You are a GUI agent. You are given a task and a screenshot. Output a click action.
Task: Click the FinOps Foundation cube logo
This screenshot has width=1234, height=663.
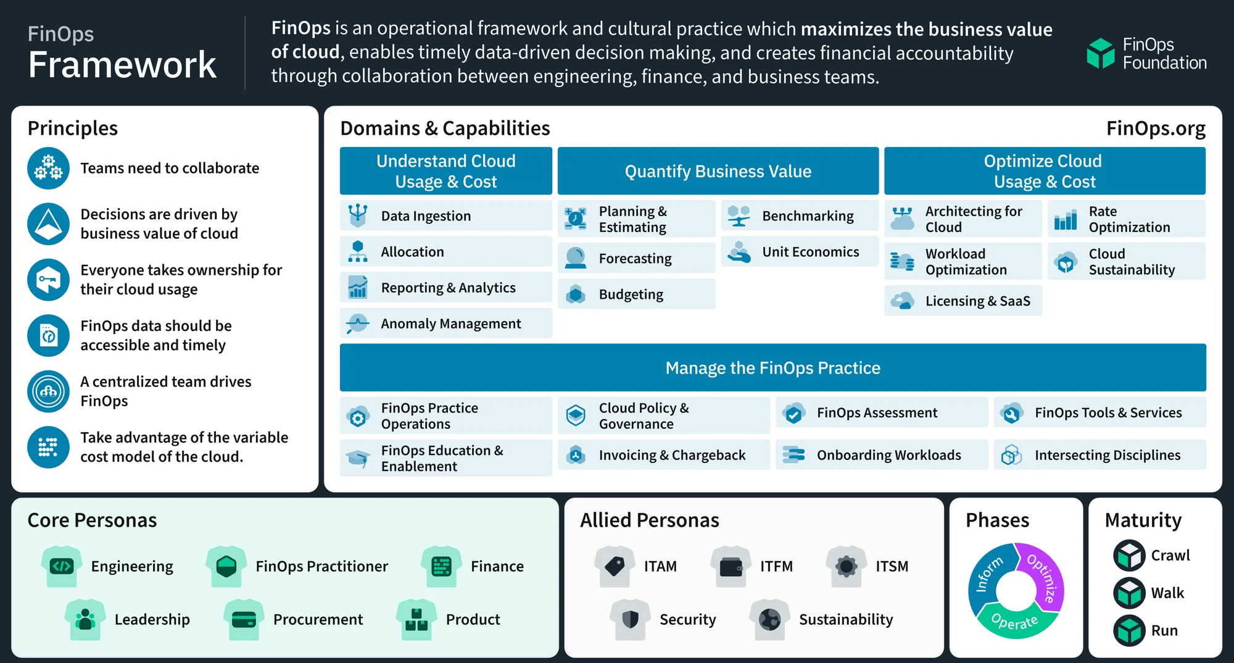pyautogui.click(x=1100, y=53)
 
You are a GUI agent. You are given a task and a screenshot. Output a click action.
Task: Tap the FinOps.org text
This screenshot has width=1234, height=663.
pyautogui.click(x=1156, y=128)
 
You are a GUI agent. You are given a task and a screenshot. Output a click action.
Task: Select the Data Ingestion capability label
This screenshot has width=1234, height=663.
pyautogui.click(x=426, y=216)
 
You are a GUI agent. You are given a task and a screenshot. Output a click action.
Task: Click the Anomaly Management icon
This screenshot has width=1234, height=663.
pyautogui.click(x=358, y=323)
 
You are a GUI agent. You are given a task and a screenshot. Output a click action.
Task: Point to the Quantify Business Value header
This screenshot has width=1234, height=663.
pyautogui.click(x=718, y=172)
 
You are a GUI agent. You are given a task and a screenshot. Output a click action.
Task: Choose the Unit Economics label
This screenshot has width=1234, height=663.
pyautogui.click(x=811, y=252)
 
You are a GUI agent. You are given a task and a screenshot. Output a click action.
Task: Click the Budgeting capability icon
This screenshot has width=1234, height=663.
pyautogui.click(x=576, y=294)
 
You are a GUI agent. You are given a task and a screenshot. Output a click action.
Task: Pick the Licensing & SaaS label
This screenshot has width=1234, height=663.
pyautogui.click(x=978, y=301)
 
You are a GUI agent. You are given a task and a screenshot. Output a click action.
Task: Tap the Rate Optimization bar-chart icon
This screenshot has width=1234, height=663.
pyautogui.click(x=1066, y=219)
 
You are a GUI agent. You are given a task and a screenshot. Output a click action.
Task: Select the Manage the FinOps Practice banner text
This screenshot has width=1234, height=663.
pyautogui.click(x=773, y=368)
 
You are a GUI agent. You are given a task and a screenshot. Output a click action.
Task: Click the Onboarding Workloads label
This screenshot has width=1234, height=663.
pyautogui.click(x=889, y=455)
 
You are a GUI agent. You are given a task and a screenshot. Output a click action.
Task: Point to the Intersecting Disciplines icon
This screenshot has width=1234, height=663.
pyautogui.click(x=1011, y=455)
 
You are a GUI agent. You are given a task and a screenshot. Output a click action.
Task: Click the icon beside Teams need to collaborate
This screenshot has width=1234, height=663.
pyautogui.click(x=48, y=169)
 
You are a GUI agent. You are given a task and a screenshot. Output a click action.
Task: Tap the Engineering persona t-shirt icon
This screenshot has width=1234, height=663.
pyautogui.click(x=62, y=566)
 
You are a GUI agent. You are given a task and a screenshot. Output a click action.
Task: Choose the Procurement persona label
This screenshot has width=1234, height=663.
pyautogui.click(x=318, y=619)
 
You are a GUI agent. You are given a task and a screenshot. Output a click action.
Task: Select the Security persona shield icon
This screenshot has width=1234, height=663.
pyautogui.click(x=631, y=619)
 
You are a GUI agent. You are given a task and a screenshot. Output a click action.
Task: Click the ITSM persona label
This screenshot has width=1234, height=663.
pyautogui.click(x=892, y=566)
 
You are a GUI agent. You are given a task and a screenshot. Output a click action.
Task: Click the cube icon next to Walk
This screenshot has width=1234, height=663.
pyautogui.click(x=1129, y=593)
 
